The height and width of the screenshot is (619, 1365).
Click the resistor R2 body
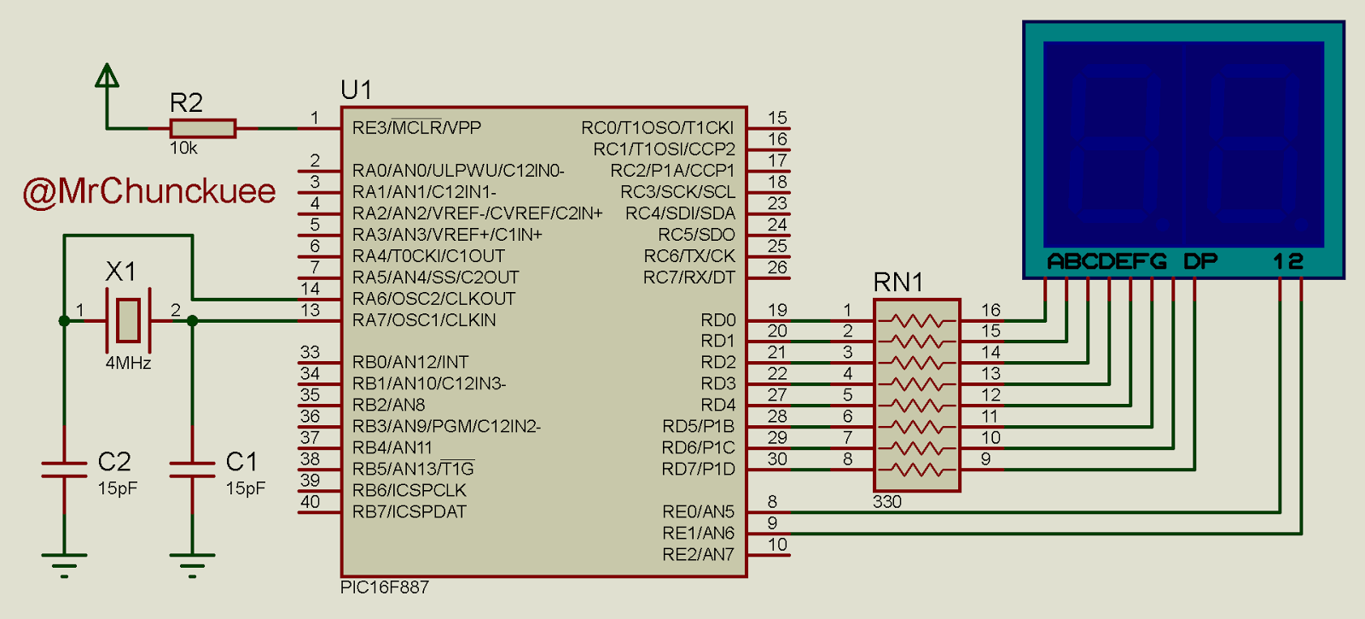(x=203, y=129)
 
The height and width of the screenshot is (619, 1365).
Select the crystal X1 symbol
(x=128, y=320)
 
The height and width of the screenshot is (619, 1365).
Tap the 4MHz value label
(x=128, y=364)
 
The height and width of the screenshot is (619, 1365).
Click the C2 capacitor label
(x=114, y=462)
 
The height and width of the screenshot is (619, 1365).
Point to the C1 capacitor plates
(x=192, y=470)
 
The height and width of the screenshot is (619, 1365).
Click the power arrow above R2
(x=107, y=75)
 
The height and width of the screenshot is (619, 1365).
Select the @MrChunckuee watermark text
(x=149, y=191)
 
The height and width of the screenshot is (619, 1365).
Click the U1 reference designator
(x=357, y=91)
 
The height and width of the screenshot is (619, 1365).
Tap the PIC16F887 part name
(x=385, y=587)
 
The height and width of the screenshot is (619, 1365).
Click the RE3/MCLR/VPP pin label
(x=417, y=127)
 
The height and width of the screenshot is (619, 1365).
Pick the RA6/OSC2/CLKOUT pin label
(x=434, y=299)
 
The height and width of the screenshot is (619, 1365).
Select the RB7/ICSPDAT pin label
(x=409, y=511)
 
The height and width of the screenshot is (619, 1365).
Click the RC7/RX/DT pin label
(x=689, y=277)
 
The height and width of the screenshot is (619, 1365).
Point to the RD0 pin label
(x=718, y=320)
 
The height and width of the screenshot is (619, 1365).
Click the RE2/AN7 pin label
(x=699, y=554)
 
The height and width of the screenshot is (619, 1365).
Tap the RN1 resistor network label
(x=898, y=283)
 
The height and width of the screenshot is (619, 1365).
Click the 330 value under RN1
(x=886, y=502)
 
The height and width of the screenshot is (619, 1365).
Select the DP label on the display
(x=1199, y=261)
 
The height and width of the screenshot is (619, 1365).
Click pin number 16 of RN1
(x=990, y=310)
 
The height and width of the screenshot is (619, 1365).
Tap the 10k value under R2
(x=183, y=149)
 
